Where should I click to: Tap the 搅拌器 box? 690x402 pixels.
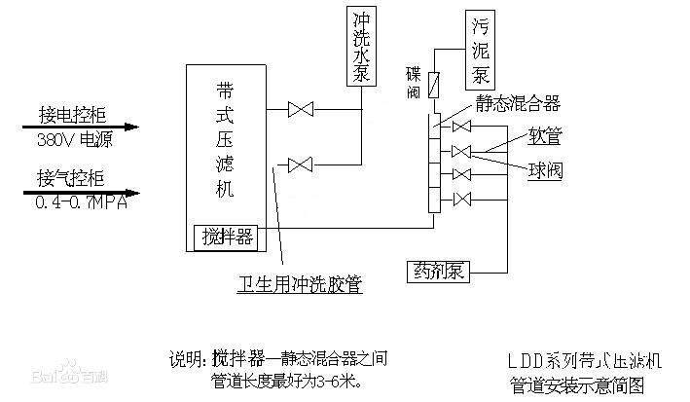tap(228, 235)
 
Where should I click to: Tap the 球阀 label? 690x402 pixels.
tap(545, 170)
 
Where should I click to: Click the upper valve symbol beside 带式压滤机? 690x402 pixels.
tap(301, 111)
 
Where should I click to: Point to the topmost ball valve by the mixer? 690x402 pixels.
tap(461, 127)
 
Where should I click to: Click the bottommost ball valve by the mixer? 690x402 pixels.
tap(461, 201)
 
